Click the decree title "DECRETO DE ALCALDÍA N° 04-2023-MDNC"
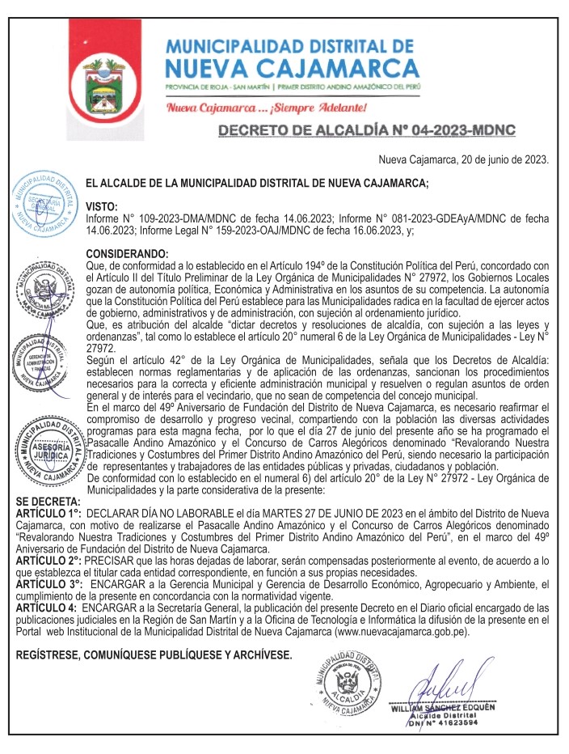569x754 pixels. tap(367, 130)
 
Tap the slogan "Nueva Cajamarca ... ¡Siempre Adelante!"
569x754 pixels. tap(268, 107)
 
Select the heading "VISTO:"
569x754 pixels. tap(102, 207)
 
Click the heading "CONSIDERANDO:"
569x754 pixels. tap(127, 254)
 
